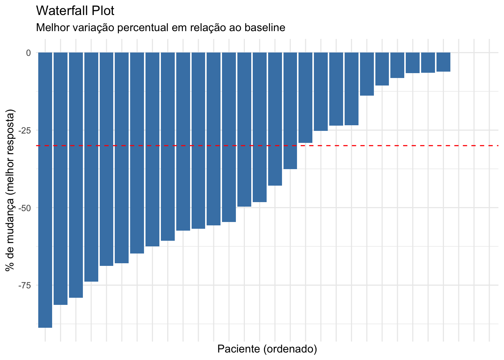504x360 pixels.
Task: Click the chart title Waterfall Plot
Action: tap(75, 10)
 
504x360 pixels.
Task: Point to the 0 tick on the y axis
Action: tap(28, 53)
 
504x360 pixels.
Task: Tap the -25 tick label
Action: tap(25, 130)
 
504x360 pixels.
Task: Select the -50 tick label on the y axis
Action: tap(25, 208)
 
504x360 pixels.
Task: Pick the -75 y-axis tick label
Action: tap(25, 285)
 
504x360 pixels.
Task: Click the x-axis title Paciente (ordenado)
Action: tap(267, 349)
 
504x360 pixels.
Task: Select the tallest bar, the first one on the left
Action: tap(45, 187)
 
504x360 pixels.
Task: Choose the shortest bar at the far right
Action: tap(443, 62)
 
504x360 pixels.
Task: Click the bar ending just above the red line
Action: tap(305, 97)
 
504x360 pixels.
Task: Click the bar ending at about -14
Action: tap(367, 74)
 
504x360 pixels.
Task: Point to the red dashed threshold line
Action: tap(394, 145)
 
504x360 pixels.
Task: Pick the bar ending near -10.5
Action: tap(382, 69)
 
